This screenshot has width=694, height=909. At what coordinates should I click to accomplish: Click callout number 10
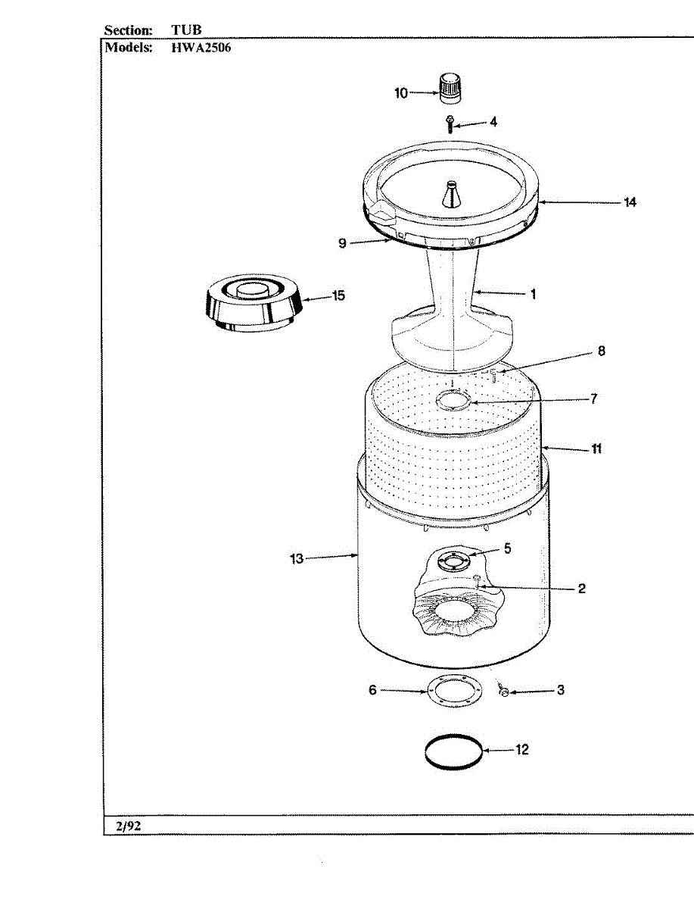point(401,93)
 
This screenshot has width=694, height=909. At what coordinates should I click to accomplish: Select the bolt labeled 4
point(450,123)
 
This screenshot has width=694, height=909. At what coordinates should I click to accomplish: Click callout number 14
point(630,202)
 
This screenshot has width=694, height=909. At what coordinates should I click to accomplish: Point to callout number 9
point(342,243)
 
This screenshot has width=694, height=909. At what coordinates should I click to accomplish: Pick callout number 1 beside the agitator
point(533,294)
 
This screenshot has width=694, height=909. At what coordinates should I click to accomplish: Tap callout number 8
point(601,351)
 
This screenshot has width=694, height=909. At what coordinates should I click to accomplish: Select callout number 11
point(596,449)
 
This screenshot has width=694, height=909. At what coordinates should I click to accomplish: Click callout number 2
point(581,589)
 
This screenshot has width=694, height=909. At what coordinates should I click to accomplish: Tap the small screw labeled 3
point(503,690)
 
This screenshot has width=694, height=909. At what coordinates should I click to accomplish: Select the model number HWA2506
point(201,47)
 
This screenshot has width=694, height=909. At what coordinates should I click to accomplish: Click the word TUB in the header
point(186,30)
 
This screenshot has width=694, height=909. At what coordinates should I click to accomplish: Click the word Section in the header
point(128,30)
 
